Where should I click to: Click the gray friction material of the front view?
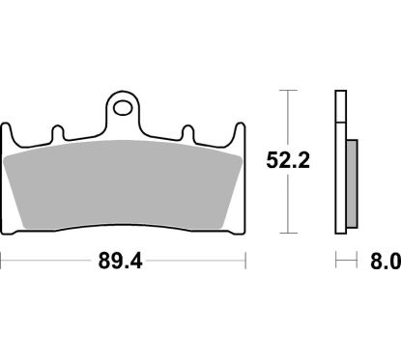[124, 183]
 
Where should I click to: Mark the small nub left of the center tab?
[56, 128]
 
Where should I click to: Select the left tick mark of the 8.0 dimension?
[336, 261]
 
